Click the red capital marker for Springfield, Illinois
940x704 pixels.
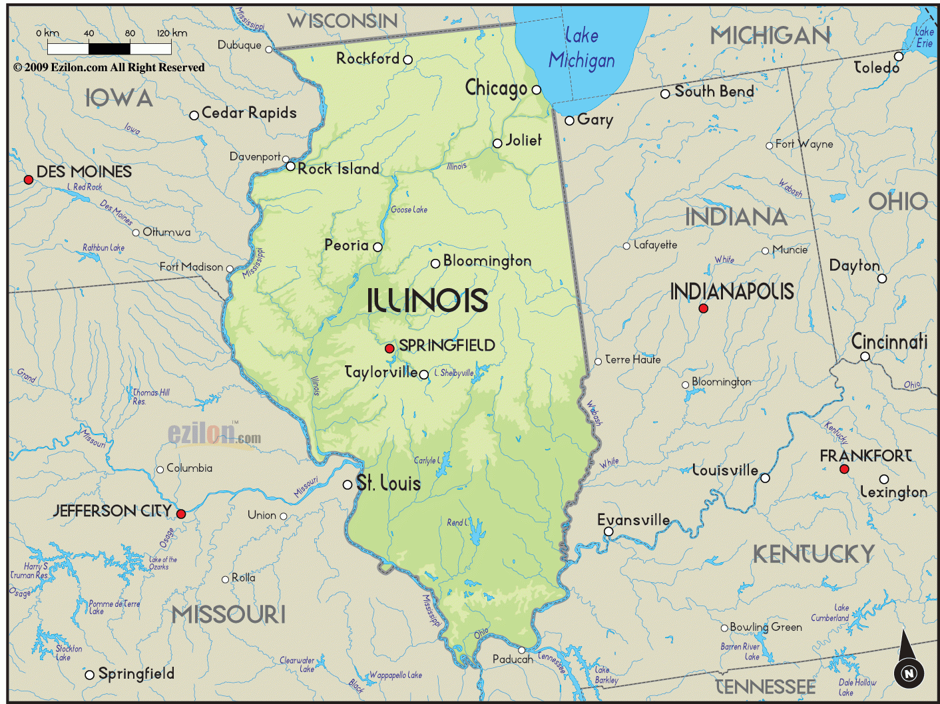389,349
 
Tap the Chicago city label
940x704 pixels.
496,88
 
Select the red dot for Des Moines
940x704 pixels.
29,180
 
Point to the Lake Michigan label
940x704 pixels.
582,49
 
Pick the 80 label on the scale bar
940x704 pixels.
130,33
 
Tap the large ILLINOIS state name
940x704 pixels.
427,301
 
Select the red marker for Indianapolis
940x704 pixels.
703,308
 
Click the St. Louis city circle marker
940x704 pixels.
348,484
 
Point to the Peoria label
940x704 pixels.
346,246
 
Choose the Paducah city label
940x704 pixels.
513,659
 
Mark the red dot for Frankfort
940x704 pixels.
844,469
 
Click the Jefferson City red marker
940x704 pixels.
180,514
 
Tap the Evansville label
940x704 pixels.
633,520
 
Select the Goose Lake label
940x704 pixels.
409,210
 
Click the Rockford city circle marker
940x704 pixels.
408,60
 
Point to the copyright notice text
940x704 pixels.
109,67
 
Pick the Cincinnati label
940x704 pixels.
889,342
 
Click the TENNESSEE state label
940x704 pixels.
765,686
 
